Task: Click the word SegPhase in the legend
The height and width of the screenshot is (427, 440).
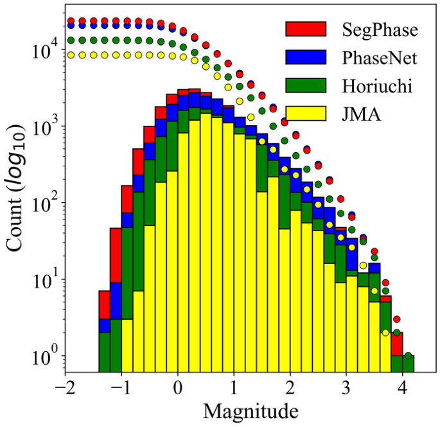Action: [376, 31]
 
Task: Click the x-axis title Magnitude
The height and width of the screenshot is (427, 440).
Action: [247, 409]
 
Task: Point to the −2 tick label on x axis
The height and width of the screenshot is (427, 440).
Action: [66, 388]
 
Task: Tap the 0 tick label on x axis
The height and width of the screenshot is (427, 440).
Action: [178, 388]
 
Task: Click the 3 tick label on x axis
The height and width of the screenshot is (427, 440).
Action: [346, 388]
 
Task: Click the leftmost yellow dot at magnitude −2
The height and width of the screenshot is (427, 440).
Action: [71, 55]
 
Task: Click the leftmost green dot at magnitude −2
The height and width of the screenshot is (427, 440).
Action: [71, 40]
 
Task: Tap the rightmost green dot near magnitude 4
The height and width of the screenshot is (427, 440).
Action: [409, 356]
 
